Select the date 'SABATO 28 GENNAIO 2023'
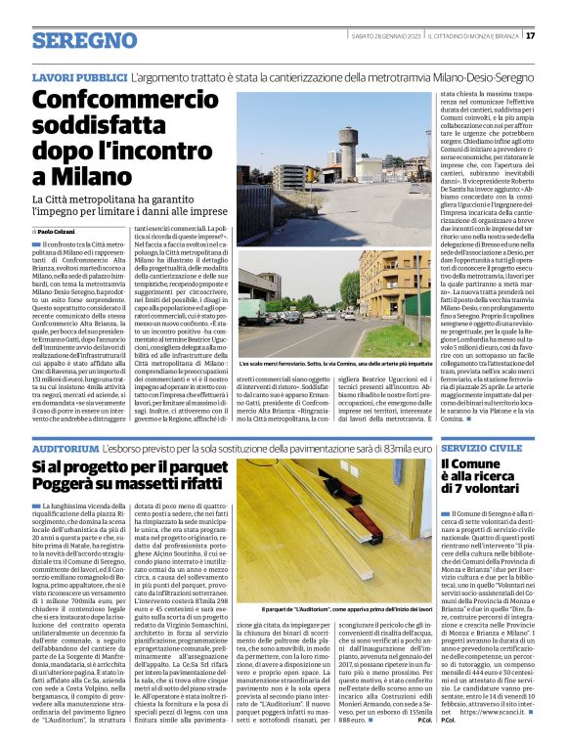[x=385, y=36]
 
